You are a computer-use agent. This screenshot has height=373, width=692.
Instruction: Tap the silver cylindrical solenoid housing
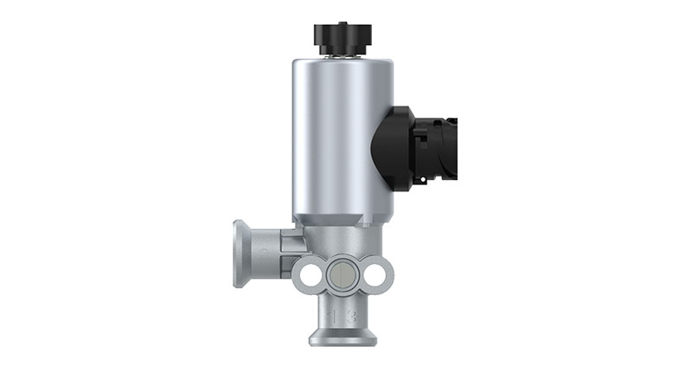(342, 138)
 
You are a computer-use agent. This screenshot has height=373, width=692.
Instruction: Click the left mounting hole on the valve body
(307, 274)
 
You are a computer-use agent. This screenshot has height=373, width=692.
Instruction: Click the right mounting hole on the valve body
(375, 274)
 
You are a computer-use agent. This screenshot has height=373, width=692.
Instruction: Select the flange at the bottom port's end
(342, 338)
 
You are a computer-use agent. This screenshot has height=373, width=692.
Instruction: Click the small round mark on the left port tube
(266, 252)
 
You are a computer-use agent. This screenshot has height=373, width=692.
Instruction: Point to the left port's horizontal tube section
(268, 254)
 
